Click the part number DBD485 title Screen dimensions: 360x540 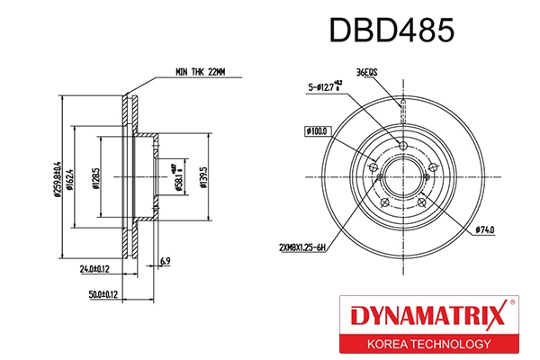tap(390, 29)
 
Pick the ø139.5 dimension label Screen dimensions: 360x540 tap(206, 172)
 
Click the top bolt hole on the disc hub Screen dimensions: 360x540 tap(402, 147)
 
